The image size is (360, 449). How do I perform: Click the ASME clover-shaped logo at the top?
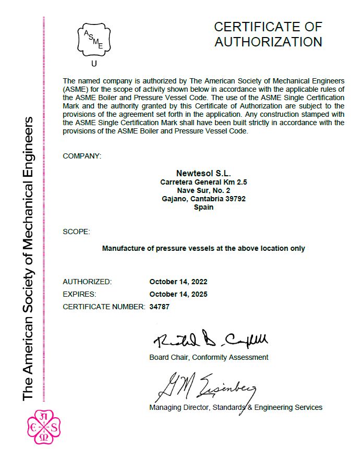pos(94,40)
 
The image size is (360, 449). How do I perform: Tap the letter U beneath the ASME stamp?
pos(94,64)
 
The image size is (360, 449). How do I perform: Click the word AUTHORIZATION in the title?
pos(268,42)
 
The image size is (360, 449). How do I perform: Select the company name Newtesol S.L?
pos(203,173)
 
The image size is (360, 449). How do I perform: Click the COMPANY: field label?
pos(82,156)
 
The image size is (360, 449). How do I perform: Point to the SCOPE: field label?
pos(76,231)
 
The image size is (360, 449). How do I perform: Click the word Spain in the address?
pos(203,207)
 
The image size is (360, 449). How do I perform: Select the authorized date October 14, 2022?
pos(178,282)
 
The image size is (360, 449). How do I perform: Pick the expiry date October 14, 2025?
pos(178,294)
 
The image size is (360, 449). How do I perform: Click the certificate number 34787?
pos(160,307)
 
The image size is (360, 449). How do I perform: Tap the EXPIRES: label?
pos(79,294)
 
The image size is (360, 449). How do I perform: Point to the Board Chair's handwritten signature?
pos(210,340)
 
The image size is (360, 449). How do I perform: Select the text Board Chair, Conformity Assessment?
pos(209,357)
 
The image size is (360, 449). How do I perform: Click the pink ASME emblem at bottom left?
pos(43,427)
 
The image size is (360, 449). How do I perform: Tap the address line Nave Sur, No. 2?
pos(203,190)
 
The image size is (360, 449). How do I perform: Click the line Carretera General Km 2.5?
pos(203,182)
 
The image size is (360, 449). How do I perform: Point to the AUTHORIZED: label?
pos(87,282)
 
